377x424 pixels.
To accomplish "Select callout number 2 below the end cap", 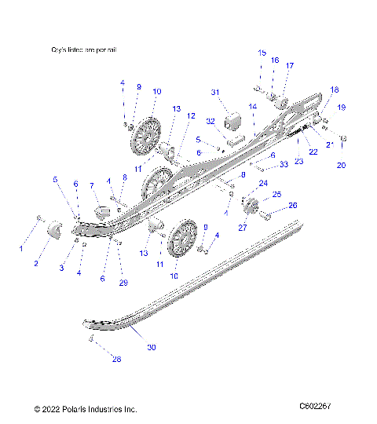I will click(35, 264).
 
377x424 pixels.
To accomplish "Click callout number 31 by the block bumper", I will click(213, 93).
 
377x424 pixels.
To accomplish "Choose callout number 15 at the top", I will click(262, 53).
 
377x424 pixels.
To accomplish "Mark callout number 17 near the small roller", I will click(289, 66).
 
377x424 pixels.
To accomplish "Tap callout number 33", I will click(284, 164).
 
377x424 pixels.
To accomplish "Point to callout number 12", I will click(190, 115).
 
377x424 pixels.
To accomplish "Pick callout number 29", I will click(122, 282).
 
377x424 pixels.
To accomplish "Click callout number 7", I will click(91, 185).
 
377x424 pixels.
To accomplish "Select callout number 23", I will click(298, 160).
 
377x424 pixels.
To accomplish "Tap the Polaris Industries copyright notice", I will click(86, 409).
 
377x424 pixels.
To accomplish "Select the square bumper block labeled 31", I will click(233, 123).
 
